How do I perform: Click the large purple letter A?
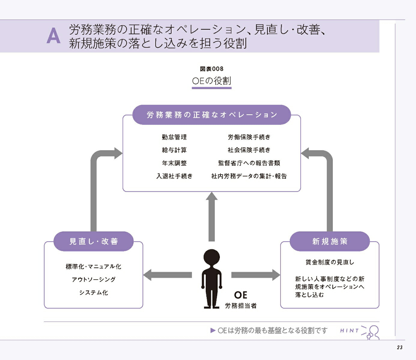click(53, 36)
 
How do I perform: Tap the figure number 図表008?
click(211, 69)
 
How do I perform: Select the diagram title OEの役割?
click(211, 81)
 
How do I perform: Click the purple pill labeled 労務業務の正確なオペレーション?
click(212, 115)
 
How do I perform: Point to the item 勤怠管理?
click(174, 137)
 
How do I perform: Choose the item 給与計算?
click(174, 150)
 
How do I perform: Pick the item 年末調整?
click(174, 163)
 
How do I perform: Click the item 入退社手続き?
click(175, 176)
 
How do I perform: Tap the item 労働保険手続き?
click(249, 137)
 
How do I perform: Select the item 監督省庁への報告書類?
click(249, 163)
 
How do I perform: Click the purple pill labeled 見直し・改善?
click(94, 241)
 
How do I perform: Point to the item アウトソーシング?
click(94, 279)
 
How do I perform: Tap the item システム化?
click(94, 292)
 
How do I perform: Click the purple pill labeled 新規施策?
click(330, 241)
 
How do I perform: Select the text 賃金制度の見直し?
click(330, 262)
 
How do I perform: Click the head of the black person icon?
click(211, 257)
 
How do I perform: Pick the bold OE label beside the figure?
click(241, 295)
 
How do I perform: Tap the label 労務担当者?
click(241, 306)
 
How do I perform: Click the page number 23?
click(400, 347)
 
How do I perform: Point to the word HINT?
click(349, 331)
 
